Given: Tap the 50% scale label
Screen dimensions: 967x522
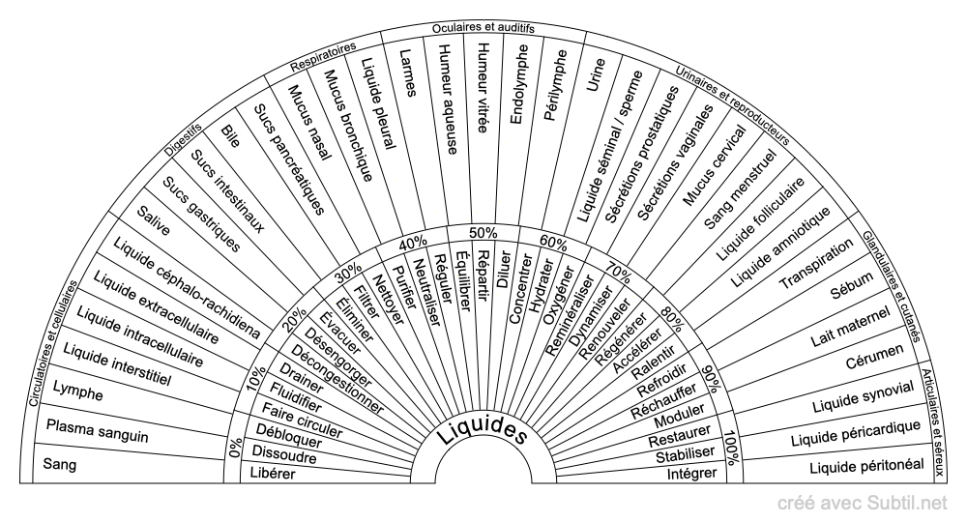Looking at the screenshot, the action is (x=483, y=233).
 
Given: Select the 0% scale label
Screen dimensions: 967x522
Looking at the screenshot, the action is (x=234, y=448).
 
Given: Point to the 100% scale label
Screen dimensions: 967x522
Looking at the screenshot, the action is (x=732, y=448).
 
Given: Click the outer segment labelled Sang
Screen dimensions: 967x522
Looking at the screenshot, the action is (x=60, y=463).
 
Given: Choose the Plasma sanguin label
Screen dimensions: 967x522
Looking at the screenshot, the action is (x=98, y=431).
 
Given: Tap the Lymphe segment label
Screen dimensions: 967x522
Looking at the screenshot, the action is (x=77, y=391).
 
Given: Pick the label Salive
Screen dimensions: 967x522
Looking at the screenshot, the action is (x=153, y=220).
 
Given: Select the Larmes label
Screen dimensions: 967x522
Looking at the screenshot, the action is (x=408, y=72).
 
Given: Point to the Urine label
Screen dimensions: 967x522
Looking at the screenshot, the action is (x=596, y=74).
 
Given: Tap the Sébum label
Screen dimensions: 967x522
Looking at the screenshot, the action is (x=852, y=285).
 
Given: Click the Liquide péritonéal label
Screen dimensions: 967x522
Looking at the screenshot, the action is (x=866, y=466).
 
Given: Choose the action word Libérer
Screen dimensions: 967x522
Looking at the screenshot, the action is (x=273, y=474).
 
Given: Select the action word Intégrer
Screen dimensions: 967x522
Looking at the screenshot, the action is (x=692, y=474).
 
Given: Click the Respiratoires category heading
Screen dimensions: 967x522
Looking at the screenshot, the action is (x=323, y=55).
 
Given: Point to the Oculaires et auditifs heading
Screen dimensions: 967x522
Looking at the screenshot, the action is (x=483, y=28).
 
